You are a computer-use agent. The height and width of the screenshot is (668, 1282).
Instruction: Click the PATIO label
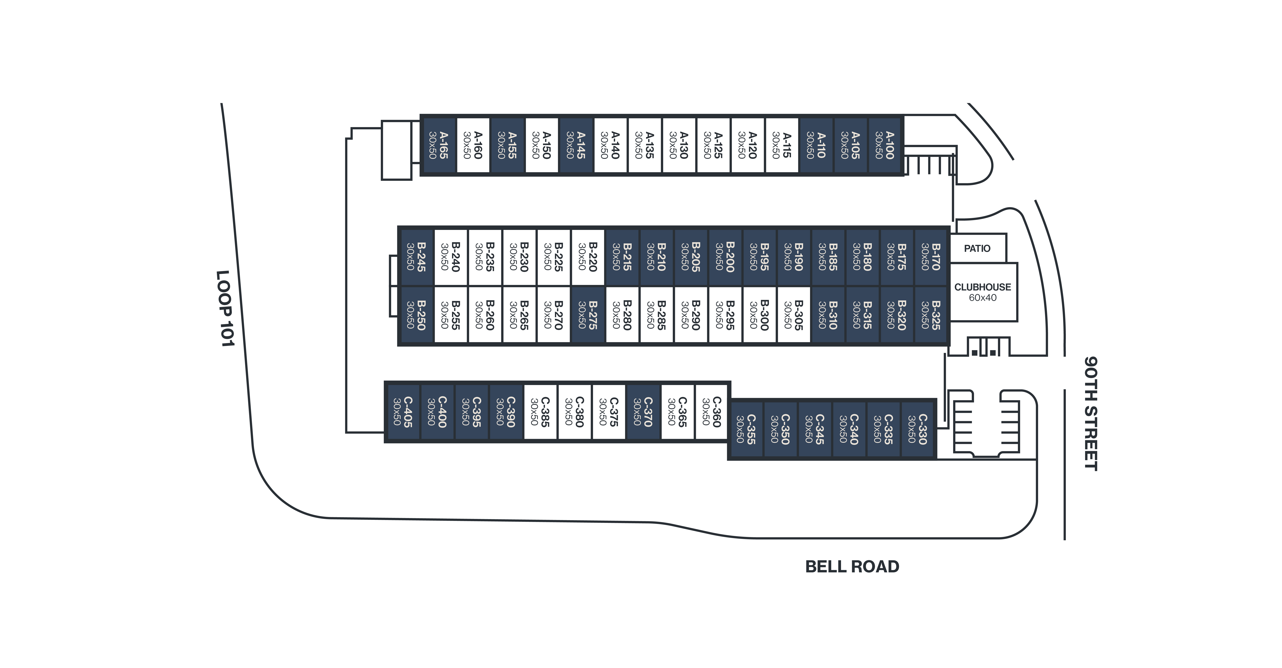tap(977, 248)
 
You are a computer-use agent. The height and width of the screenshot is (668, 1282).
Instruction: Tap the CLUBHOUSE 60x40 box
tap(982, 292)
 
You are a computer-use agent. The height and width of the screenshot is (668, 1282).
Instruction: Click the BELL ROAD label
tap(852, 566)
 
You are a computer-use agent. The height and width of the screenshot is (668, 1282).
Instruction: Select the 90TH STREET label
tap(1091, 413)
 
